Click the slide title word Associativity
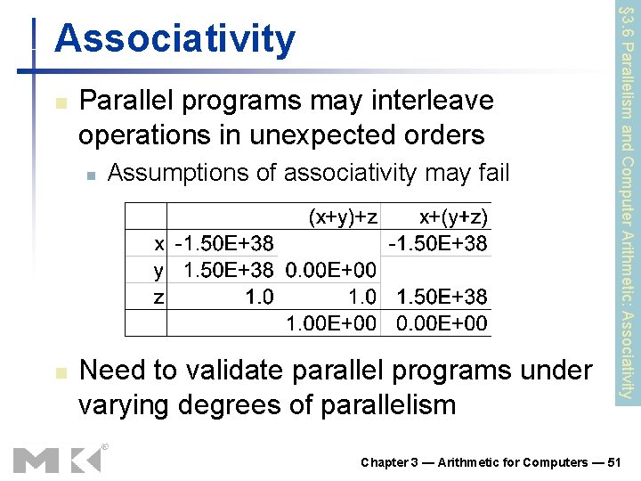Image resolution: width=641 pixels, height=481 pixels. [174, 39]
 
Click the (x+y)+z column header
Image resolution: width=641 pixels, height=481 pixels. [343, 216]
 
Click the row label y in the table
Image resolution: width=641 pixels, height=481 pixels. [158, 269]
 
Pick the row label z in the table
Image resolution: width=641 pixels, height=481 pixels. [158, 296]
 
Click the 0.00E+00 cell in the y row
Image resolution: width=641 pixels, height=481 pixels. [329, 269]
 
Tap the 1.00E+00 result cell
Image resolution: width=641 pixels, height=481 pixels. [329, 322]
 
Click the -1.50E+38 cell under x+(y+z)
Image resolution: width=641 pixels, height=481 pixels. [437, 242]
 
